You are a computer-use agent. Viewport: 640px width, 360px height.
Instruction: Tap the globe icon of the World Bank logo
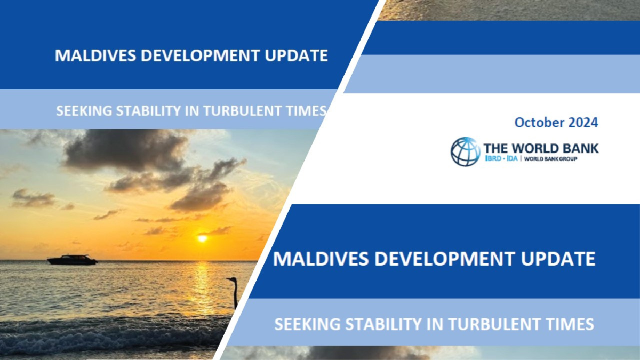click(x=465, y=151)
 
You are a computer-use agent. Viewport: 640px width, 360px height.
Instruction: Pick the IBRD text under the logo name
click(x=493, y=158)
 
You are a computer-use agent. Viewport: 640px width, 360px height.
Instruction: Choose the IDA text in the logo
click(x=512, y=158)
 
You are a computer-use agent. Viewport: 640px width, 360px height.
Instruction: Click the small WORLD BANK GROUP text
click(x=550, y=159)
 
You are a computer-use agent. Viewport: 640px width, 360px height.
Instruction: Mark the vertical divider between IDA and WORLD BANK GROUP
click(x=521, y=158)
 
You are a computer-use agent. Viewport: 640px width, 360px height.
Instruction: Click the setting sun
click(x=203, y=238)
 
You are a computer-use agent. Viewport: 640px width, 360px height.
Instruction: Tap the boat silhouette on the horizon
click(x=73, y=260)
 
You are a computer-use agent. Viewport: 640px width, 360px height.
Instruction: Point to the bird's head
click(x=232, y=279)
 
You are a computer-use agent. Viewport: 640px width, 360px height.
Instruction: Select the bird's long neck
click(x=235, y=294)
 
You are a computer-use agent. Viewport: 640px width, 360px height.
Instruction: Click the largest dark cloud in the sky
click(x=126, y=150)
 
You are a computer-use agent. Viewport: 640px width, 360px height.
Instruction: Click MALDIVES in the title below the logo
click(x=321, y=259)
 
